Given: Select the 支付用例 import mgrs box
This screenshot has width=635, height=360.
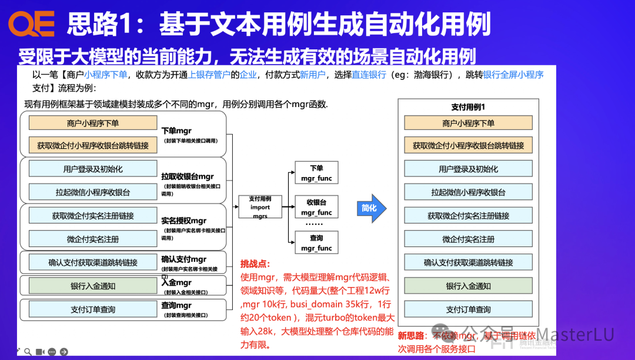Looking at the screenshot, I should point(260,207).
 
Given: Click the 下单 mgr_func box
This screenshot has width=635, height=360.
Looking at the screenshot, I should point(316,172).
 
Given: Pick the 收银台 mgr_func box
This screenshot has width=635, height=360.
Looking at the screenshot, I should point(316,207).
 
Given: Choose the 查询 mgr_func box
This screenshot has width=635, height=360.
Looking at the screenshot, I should point(316,243).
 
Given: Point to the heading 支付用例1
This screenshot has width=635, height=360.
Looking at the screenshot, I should point(468,107).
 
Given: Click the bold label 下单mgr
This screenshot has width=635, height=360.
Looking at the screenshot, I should point(176,131).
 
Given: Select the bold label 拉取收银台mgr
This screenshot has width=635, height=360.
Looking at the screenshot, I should point(188,176).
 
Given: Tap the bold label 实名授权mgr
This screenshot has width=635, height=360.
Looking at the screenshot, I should point(184,221).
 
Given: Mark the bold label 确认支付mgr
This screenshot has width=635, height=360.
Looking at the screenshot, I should point(183,259).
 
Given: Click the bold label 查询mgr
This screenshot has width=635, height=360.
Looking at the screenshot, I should point(176,305).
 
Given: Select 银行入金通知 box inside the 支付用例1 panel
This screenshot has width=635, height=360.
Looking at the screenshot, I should point(468,286).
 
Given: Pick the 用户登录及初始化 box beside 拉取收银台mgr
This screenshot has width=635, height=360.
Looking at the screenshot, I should point(93,169).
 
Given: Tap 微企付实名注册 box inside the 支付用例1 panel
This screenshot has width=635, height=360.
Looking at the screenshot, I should point(468,239).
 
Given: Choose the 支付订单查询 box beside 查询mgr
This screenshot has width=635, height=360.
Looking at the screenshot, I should point(93,309).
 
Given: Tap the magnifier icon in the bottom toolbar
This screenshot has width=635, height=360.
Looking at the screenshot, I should point(27,352).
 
